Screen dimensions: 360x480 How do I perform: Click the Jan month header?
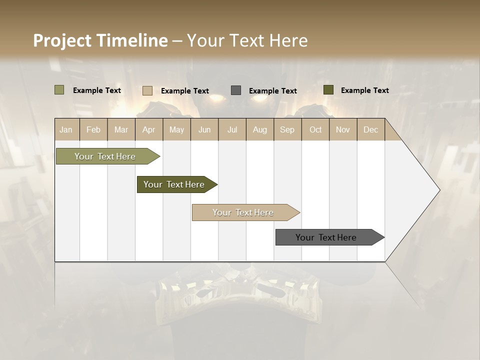[x=66, y=130]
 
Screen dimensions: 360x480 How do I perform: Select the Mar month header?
[x=121, y=130]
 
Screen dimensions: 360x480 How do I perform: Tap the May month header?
[x=176, y=130]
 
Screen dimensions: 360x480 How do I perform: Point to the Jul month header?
[x=232, y=130]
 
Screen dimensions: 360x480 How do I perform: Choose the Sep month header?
[x=287, y=130]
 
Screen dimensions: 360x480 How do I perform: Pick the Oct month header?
[x=315, y=130]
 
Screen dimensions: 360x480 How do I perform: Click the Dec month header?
[x=370, y=130]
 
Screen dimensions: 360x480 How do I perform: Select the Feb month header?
[x=93, y=130]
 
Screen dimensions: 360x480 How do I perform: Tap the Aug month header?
[x=259, y=130]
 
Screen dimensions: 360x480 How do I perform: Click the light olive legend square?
[x=59, y=90]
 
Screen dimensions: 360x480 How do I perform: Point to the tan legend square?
[x=147, y=90]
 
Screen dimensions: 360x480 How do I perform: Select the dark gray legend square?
[x=236, y=90]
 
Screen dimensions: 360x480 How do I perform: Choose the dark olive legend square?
[x=328, y=90]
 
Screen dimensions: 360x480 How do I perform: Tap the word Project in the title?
[x=62, y=40]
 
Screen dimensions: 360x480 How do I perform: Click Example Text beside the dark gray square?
[x=273, y=91]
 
